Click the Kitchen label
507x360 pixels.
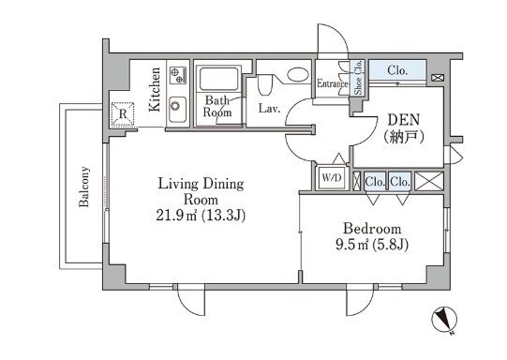tap(155, 90)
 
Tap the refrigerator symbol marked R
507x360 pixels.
tap(123, 113)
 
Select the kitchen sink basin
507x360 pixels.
tap(177, 110)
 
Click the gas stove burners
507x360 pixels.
tap(178, 75)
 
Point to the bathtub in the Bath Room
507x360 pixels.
tap(219, 79)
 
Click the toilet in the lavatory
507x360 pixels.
tap(264, 85)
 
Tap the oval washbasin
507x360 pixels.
tap(298, 75)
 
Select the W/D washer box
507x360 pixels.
tap(332, 177)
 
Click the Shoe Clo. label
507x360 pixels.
tap(358, 78)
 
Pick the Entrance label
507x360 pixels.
tap(333, 83)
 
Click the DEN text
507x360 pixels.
tap(404, 120)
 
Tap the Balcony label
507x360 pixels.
tap(83, 187)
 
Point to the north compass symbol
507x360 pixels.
tap(444, 319)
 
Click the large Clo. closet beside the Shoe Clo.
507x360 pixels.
tap(397, 70)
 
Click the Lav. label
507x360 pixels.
tap(269, 109)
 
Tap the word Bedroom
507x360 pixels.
tap(372, 229)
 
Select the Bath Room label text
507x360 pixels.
tap(217, 107)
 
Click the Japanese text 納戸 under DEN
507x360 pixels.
tap(404, 138)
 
